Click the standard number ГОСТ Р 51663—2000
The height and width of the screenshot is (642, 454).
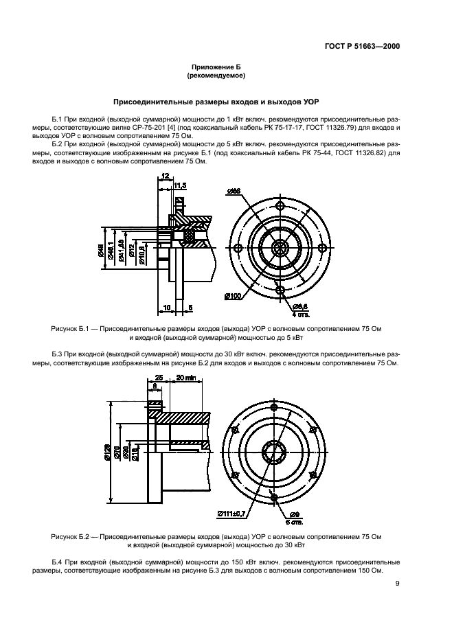click(x=362, y=46)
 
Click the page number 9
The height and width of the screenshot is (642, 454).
click(x=397, y=584)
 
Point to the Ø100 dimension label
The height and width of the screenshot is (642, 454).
click(x=233, y=296)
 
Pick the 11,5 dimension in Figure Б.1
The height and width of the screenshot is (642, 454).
click(x=180, y=185)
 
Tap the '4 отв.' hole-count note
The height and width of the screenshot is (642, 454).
click(x=301, y=315)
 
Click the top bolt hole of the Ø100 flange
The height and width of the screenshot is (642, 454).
click(x=280, y=205)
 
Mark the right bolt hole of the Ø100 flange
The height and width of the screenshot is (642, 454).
click(x=321, y=248)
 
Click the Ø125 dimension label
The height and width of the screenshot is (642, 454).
click(x=107, y=453)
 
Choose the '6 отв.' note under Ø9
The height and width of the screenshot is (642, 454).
click(x=295, y=523)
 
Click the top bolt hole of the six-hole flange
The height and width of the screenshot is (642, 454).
click(x=274, y=407)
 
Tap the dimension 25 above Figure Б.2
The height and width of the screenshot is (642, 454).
click(x=159, y=378)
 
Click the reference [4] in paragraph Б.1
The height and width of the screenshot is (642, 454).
click(x=172, y=128)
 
